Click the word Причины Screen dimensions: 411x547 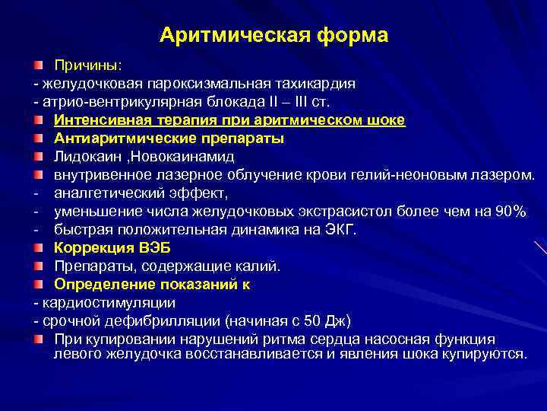tap(83, 65)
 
